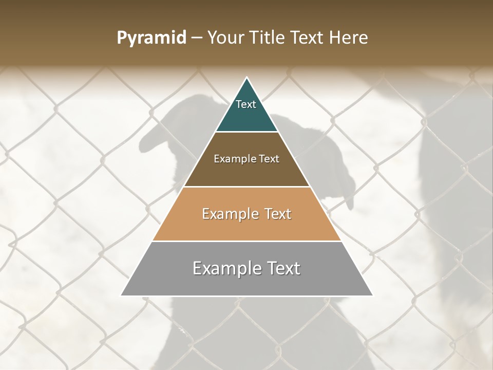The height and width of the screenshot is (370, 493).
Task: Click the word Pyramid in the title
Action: point(151,38)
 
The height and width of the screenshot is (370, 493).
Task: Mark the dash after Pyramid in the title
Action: point(196,38)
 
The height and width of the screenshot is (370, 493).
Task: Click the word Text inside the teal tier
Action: point(246,104)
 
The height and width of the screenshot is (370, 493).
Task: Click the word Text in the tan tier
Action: point(278,214)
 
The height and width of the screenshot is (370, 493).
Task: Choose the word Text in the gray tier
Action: point(282,268)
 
